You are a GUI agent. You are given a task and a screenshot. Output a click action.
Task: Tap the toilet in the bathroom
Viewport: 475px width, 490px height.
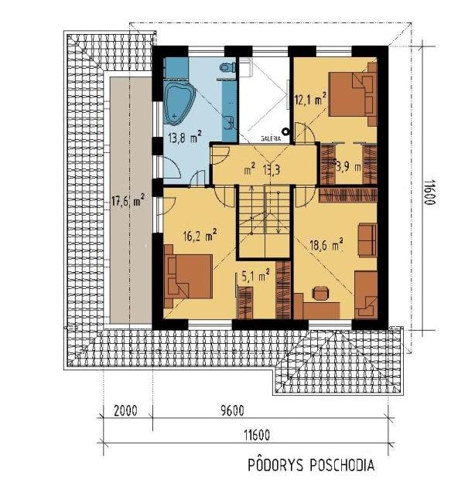227,67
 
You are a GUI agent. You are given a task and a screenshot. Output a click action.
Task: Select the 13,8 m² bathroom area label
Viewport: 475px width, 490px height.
185,137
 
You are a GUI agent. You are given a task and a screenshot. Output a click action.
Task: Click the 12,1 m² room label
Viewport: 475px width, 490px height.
311,100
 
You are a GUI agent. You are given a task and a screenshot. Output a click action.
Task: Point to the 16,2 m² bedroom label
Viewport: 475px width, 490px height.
200,236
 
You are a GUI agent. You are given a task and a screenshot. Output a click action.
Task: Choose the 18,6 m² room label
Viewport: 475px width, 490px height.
326,245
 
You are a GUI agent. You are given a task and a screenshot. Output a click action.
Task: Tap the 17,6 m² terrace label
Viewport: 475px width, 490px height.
128,201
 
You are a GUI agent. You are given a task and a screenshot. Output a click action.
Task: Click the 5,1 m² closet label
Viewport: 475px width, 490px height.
256,276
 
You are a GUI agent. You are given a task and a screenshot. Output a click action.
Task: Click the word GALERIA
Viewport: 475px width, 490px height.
271,139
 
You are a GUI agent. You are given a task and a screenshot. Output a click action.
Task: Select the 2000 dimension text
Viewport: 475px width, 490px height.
125,410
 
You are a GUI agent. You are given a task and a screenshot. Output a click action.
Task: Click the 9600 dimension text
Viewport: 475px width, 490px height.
232,410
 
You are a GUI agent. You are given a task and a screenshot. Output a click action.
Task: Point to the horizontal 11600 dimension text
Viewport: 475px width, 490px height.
256,434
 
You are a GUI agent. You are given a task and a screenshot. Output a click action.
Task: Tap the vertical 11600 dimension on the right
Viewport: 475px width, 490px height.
429,192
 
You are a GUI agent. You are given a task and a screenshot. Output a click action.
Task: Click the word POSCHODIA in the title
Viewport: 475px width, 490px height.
342,465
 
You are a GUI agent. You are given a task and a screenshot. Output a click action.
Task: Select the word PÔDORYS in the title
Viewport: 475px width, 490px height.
275,464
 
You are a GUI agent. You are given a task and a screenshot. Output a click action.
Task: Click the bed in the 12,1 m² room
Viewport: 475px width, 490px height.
353,94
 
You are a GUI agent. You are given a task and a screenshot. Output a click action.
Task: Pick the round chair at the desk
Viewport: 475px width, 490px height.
320,293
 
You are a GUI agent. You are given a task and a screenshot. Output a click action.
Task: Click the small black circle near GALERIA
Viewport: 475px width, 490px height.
285,132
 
